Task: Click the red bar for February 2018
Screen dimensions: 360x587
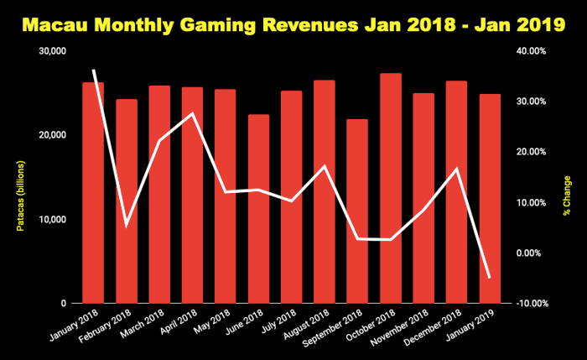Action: click(127, 201)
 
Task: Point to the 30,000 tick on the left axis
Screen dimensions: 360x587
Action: click(53, 51)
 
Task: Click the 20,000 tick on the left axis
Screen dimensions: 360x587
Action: click(53, 135)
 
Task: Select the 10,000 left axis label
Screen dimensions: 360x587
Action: click(53, 219)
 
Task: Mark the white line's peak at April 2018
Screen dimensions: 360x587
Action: click(193, 113)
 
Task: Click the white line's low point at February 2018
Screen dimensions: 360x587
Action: click(127, 225)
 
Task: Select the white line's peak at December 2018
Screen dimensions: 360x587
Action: click(457, 169)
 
